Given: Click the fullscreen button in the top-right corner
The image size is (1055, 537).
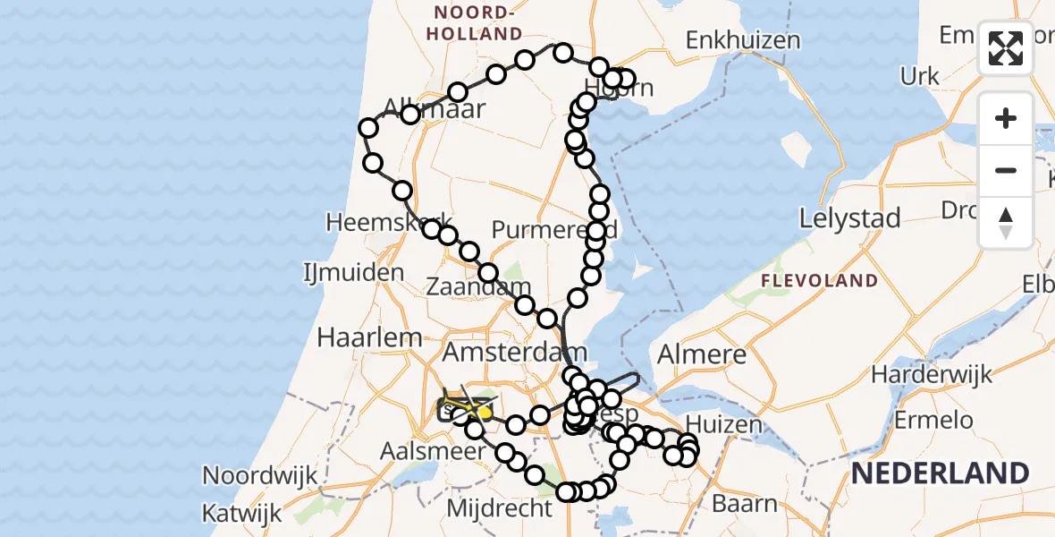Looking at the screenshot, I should point(1006,48).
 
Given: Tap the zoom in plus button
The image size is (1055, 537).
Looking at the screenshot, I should point(1006,118).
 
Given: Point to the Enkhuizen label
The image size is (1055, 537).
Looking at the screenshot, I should point(743,40).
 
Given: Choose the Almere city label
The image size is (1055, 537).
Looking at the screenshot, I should point(702,354).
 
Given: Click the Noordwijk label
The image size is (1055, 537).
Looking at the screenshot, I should point(260,474).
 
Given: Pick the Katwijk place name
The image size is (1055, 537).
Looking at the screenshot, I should point(241,514).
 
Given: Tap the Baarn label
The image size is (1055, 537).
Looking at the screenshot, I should point(745,504).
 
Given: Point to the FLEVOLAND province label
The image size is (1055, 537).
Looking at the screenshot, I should point(819,281).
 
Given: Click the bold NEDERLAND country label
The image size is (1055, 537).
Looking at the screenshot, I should point(939,472).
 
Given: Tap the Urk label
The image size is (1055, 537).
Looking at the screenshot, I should point(920,77).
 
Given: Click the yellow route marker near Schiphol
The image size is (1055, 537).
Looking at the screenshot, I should point(485,413).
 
